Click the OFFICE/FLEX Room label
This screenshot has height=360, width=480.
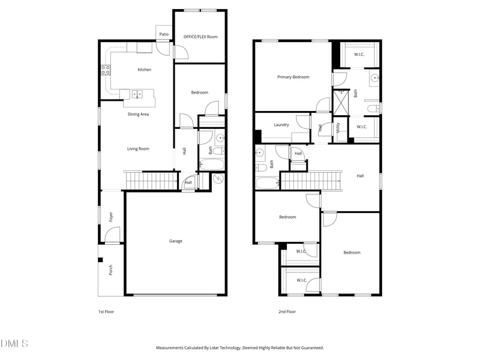[200, 37]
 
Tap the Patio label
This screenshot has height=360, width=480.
[164, 34]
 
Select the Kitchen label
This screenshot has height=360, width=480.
[145, 70]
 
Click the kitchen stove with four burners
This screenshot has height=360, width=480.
[106, 70]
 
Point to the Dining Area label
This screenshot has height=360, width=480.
[138, 114]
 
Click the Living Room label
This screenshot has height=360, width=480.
[138, 149]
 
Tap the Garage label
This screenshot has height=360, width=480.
[176, 241]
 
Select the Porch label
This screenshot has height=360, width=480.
[110, 271]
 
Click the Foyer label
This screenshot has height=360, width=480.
[110, 217]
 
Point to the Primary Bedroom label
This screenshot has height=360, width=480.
[293, 77]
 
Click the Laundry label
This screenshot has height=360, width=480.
[281, 125]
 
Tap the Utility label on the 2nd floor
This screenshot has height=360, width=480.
[338, 128]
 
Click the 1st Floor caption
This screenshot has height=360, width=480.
[107, 312]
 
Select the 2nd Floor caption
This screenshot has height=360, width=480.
[287, 312]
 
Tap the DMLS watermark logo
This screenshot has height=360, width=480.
[14, 344]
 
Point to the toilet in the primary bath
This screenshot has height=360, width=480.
[373, 108]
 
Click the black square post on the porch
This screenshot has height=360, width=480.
[101, 260]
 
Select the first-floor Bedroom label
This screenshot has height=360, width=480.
[199, 92]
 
